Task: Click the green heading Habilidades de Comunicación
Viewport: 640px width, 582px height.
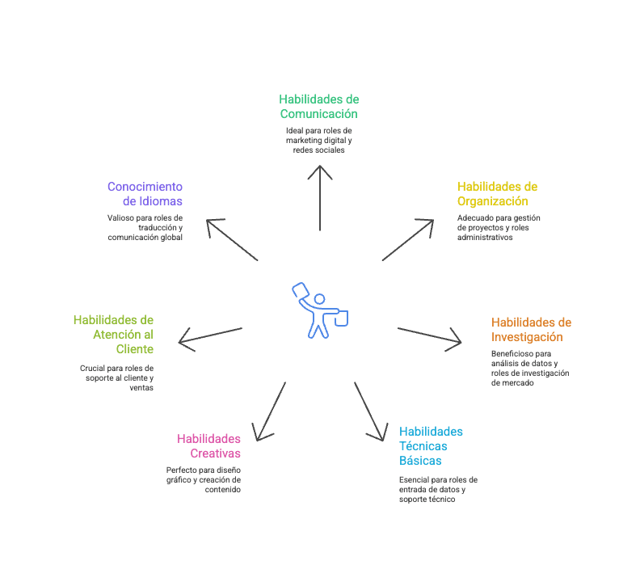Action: point(319,106)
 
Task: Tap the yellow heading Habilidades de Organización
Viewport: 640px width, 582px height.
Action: point(497,193)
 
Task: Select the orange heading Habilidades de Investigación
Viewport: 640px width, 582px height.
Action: point(531,329)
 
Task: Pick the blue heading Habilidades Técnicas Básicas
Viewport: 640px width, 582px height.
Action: point(431,445)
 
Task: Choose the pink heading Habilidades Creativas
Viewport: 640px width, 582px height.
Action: point(209,445)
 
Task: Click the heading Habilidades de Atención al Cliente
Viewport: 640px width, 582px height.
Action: point(113,334)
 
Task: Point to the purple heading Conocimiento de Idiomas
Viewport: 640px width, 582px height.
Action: point(145,193)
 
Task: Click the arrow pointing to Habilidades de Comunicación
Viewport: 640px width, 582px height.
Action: point(320,197)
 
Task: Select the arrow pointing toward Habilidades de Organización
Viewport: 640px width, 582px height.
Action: point(408,239)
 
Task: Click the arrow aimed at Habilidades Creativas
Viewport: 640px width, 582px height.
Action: point(270,411)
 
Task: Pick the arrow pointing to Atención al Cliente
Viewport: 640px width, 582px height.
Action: point(210,337)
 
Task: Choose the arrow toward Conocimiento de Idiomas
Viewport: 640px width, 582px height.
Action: point(232,239)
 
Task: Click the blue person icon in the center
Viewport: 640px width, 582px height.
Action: point(320,310)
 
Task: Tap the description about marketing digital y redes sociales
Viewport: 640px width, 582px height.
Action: point(319,140)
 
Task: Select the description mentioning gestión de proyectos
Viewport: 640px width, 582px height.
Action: point(499,227)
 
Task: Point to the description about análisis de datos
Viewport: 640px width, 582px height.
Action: point(530,368)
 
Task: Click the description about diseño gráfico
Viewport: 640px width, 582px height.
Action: point(204,479)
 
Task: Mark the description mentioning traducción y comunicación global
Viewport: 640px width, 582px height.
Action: point(145,227)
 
